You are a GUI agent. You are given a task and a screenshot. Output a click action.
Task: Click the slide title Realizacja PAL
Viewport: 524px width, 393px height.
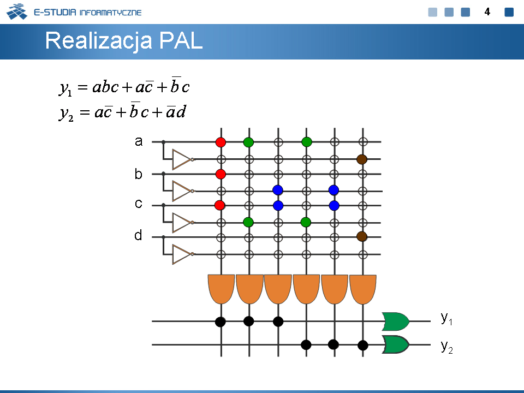tap(124, 41)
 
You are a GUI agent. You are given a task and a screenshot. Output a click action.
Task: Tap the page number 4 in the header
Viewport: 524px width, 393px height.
tap(487, 12)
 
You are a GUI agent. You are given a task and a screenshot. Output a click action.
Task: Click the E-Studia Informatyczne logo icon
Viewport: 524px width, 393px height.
tap(17, 11)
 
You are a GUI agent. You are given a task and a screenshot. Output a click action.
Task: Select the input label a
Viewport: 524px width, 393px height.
tap(139, 141)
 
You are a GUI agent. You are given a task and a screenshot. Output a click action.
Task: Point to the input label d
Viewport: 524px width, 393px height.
tap(138, 235)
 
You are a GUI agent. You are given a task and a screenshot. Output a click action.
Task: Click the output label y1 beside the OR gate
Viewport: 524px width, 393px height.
tap(446, 318)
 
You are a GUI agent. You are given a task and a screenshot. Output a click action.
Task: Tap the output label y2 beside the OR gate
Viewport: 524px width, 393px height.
tap(446, 347)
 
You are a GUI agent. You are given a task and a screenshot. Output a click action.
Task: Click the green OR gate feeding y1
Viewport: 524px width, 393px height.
tap(396, 321)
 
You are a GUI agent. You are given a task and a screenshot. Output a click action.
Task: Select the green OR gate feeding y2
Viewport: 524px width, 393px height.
tap(396, 344)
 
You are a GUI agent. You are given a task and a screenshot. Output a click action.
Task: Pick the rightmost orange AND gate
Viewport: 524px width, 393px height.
tap(363, 289)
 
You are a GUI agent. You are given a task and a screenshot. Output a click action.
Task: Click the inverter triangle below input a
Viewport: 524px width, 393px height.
tap(182, 159)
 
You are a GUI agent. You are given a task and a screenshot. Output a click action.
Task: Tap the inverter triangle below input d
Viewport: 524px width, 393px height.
tap(182, 254)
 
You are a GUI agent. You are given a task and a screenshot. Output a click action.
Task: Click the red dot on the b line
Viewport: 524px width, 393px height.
tap(221, 174)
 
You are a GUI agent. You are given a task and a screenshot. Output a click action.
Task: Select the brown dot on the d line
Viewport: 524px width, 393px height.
tap(362, 236)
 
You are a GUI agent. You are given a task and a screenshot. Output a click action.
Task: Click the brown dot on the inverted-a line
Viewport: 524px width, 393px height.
tap(362, 159)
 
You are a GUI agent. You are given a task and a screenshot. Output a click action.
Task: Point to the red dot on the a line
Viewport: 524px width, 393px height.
tap(221, 142)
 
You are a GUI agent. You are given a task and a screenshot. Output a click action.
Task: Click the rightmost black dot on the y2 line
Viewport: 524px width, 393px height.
tap(363, 345)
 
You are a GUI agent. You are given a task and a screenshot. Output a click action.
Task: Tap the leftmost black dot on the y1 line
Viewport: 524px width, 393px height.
tap(220, 322)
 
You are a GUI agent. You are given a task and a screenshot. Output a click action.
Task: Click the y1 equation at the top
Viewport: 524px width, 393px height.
tap(124, 87)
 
